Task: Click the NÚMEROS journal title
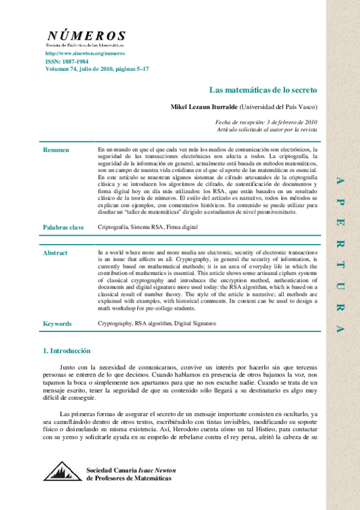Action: [86, 36]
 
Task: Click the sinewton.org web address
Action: [77, 54]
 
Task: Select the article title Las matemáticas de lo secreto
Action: [263, 90]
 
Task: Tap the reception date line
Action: [266, 121]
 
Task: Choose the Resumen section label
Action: [56, 150]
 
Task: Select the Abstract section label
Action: [55, 253]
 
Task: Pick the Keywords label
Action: [57, 324]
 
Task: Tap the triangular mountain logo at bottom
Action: [62, 472]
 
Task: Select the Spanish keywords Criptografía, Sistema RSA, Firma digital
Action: [147, 227]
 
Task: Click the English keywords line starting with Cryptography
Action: [157, 324]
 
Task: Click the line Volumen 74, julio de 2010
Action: [97, 69]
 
